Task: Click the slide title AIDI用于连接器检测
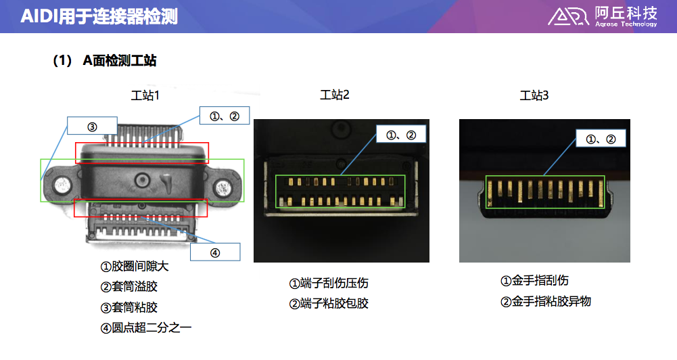(x=99, y=16)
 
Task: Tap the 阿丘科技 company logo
(x=602, y=16)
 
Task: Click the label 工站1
(x=145, y=95)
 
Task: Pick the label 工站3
(x=534, y=95)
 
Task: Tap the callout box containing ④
(x=215, y=252)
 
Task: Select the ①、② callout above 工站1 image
(x=225, y=116)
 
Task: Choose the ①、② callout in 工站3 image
(x=601, y=139)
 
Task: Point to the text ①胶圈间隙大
(x=135, y=267)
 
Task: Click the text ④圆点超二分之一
(x=146, y=328)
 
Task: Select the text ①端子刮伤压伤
(x=329, y=283)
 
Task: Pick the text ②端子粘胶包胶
(x=329, y=303)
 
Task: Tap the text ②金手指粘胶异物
(x=545, y=301)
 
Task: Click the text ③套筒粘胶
(x=129, y=308)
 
